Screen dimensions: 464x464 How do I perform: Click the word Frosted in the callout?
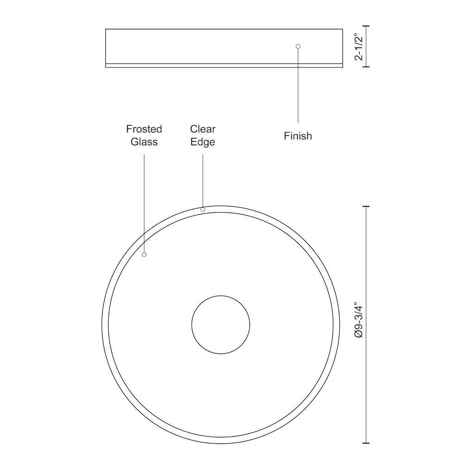coord(144,129)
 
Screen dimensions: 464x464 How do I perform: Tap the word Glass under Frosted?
coord(144,142)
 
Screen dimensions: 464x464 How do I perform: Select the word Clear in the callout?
coord(203,129)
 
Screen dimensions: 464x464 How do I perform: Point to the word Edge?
coord(203,142)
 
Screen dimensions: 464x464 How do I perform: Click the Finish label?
coord(298,136)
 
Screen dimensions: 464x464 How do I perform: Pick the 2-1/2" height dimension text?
coord(359,46)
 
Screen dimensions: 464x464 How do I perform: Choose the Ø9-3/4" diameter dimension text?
coord(359,320)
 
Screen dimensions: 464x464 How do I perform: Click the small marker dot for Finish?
coord(298,46)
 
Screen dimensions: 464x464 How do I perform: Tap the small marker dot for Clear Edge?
coord(203,210)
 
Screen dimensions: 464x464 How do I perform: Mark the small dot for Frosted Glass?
coord(144,254)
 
